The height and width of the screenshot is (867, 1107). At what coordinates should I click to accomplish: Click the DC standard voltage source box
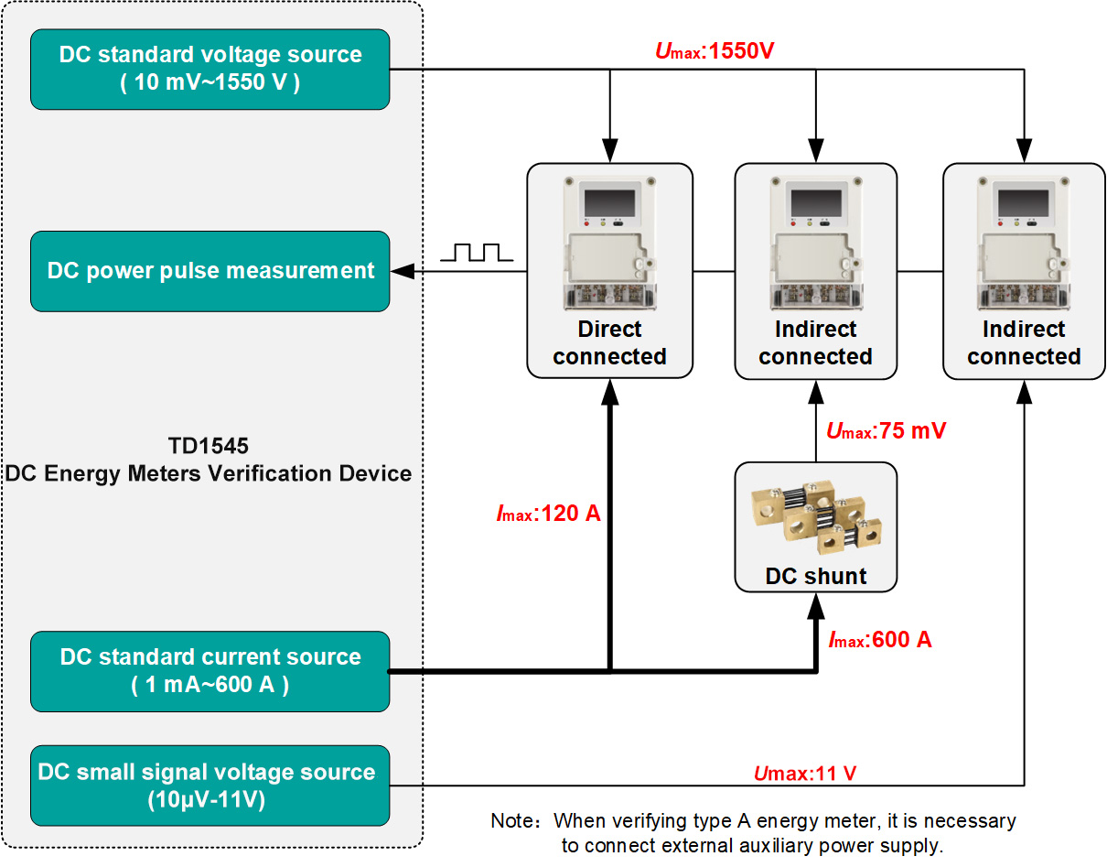(x=210, y=69)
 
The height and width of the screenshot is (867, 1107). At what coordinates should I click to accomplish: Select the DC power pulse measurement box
(x=210, y=271)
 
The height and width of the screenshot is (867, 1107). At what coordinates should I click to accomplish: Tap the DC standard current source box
(x=210, y=671)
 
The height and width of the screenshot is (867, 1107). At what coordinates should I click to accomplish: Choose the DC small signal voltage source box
(x=210, y=786)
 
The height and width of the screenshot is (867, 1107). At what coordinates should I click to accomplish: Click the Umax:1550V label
(x=715, y=51)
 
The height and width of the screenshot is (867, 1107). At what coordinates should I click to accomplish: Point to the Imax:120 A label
(x=548, y=514)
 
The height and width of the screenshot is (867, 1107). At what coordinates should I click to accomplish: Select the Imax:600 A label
(x=879, y=640)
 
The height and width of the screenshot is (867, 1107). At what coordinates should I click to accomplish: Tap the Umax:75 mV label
(x=885, y=431)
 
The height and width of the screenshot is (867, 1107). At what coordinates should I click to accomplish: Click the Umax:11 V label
(x=805, y=774)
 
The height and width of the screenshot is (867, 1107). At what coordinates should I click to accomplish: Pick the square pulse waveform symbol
(x=471, y=253)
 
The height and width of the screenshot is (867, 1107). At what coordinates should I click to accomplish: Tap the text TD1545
(x=209, y=446)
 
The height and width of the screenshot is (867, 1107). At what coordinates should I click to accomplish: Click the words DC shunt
(x=815, y=577)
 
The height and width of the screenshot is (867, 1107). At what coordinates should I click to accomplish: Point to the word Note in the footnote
(x=510, y=820)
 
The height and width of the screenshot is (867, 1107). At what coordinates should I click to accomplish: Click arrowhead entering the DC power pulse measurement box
(x=400, y=271)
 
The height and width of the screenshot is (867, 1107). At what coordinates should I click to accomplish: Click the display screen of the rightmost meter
(x=1023, y=201)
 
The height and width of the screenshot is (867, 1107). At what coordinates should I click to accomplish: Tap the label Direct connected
(x=609, y=343)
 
